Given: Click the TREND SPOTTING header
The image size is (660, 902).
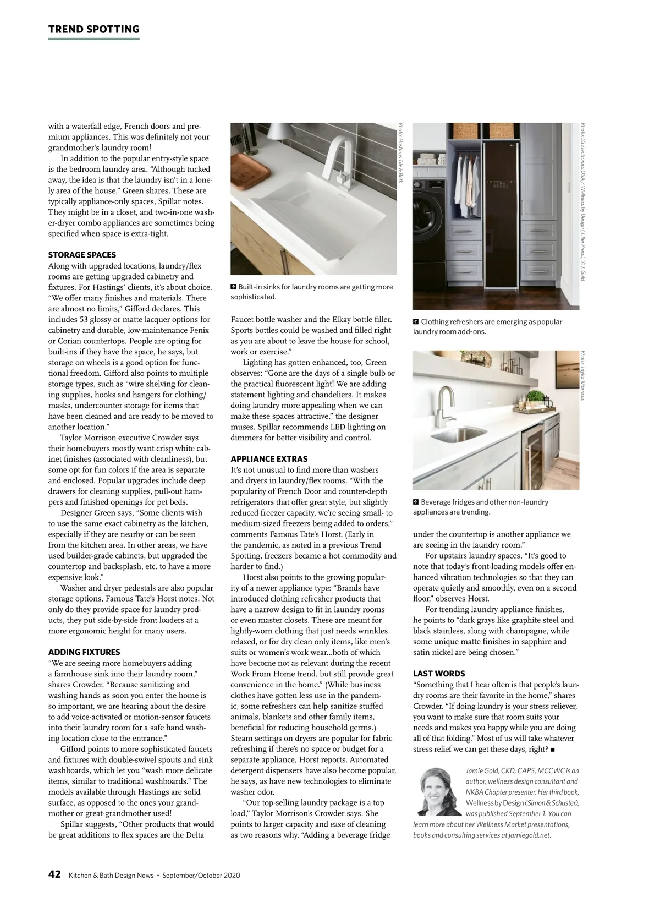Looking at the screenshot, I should coord(94,30).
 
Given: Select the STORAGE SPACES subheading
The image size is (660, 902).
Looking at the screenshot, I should coord(82,255).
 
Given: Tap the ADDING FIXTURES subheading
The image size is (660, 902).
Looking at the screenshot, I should coord(84,652).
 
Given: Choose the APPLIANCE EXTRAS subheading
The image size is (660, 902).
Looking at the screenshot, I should coord(269,459).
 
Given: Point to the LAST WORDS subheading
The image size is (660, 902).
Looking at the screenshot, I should coord(439,674).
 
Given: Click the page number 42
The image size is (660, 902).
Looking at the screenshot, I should coord(54,875).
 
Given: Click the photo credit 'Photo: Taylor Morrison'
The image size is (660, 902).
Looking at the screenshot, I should coord(582,376).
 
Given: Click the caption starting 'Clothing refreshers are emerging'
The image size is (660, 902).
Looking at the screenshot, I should coord(487,327).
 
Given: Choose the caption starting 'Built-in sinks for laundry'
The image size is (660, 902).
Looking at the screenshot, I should coord(312,292).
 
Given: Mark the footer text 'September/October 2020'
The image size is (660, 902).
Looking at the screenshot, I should coord(201,876).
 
